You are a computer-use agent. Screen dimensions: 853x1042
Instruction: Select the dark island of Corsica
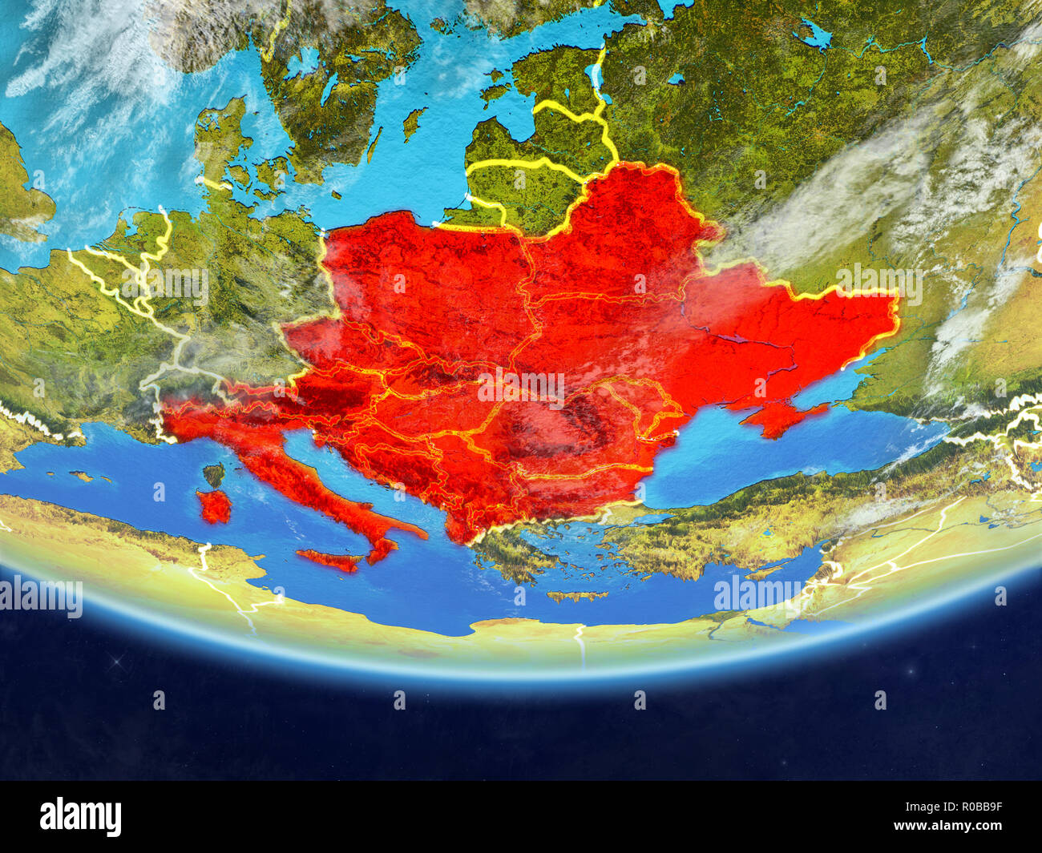tap(213, 476)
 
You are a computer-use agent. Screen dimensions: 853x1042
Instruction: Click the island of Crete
tap(576, 596)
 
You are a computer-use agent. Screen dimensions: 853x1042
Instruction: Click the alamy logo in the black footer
tap(80, 816)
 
